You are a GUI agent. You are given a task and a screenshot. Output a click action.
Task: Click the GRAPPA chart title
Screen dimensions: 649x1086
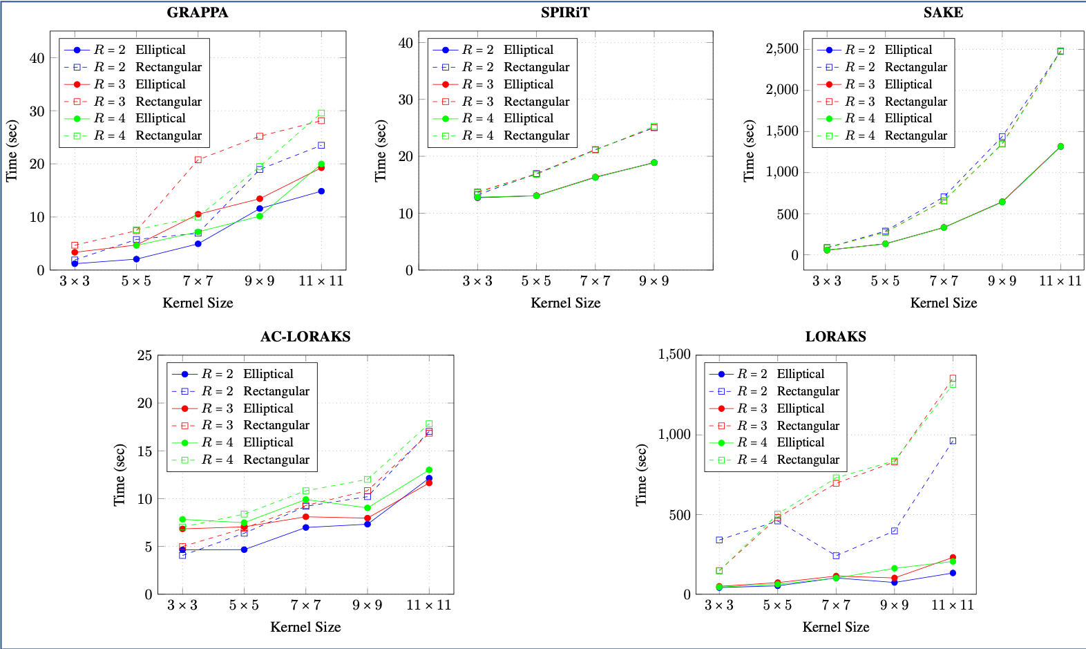point(198,12)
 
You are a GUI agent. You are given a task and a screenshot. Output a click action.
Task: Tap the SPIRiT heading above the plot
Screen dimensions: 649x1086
point(565,12)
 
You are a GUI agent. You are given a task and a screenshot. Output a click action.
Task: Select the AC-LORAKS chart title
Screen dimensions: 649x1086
point(305,337)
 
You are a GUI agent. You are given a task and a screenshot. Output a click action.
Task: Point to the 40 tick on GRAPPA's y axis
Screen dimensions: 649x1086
point(37,58)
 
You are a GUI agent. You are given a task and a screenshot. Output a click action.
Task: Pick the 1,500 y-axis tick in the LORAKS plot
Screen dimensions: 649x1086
point(674,355)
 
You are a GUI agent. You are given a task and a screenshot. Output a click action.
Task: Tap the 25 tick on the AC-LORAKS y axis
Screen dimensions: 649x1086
point(144,355)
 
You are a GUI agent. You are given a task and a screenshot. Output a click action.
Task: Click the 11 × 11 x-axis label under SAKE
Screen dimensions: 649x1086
point(1060,281)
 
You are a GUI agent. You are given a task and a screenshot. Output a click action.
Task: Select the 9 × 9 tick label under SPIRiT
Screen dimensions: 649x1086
point(654,281)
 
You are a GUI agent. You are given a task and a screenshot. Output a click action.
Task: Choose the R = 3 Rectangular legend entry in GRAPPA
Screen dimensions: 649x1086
point(148,102)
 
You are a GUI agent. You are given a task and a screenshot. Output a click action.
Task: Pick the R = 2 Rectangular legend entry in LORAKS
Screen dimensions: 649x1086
point(788,391)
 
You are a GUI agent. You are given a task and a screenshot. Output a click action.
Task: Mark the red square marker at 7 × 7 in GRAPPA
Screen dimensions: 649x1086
point(198,160)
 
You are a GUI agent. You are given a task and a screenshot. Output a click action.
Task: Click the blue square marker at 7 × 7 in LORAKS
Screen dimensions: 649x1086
point(836,556)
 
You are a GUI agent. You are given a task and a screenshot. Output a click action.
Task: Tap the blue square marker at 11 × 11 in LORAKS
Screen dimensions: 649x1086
point(953,441)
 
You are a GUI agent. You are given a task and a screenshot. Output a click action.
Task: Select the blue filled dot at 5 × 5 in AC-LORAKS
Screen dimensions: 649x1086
point(244,549)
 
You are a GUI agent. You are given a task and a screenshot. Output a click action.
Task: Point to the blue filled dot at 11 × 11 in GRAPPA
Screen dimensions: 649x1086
point(321,191)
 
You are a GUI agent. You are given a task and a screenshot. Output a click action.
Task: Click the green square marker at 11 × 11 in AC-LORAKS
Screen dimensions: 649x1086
point(429,424)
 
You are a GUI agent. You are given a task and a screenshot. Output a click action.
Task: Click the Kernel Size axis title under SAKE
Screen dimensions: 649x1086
point(943,303)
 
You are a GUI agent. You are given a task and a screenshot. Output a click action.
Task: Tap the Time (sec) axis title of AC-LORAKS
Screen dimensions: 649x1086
point(120,475)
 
